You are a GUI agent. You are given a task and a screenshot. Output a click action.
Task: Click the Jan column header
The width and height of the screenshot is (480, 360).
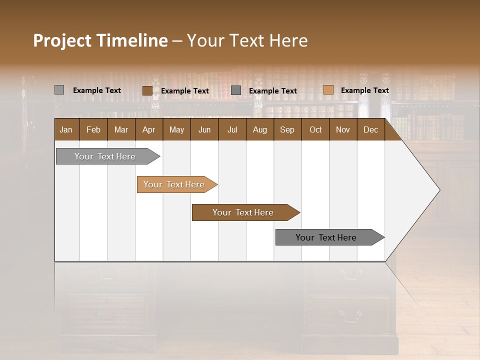66,129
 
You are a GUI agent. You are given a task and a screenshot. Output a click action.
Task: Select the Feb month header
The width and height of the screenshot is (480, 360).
93,129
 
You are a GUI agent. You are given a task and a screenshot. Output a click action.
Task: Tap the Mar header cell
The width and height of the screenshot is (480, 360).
121,129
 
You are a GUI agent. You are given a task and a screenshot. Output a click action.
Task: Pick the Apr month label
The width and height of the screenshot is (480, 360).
148,129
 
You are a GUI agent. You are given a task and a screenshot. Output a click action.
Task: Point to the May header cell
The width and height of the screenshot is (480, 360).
176,129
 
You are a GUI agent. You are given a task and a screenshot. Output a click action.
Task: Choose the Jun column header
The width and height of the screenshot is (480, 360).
204,129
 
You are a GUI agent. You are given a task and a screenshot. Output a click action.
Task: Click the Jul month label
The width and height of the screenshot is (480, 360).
232,129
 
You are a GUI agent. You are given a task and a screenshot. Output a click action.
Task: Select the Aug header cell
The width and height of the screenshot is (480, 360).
259,129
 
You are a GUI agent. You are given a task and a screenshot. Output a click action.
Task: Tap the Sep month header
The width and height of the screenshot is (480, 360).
287,129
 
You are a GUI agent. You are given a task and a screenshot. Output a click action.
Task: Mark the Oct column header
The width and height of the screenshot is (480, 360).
315,129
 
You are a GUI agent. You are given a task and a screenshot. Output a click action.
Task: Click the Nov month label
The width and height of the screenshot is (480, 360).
342,129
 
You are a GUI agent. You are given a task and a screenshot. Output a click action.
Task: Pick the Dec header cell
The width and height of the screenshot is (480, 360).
370,129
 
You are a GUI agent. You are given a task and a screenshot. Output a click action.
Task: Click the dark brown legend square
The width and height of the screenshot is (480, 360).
147,90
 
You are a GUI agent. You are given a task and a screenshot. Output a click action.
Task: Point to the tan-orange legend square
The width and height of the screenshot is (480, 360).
328,90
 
